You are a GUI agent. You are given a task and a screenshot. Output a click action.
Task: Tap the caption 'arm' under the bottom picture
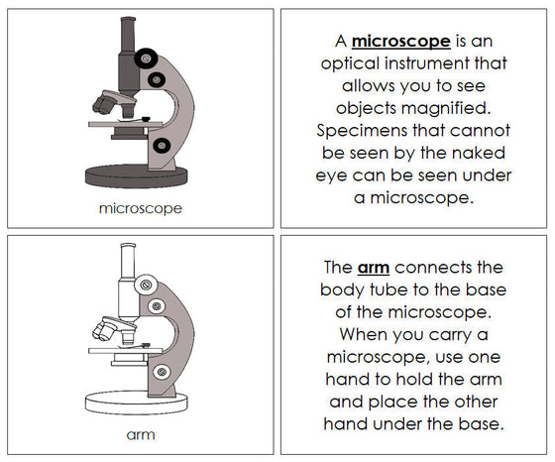[140, 433]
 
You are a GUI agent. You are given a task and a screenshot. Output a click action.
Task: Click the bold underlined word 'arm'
[366, 268]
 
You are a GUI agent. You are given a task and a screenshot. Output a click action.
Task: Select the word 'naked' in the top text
[465, 151]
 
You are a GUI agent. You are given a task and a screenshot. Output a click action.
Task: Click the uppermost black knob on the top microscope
[146, 56]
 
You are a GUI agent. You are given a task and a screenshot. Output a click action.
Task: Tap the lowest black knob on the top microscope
[162, 148]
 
